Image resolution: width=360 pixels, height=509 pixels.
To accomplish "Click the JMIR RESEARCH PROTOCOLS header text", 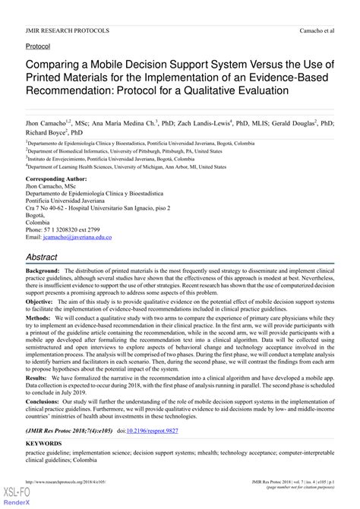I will pyautogui.click(x=67, y=30).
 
